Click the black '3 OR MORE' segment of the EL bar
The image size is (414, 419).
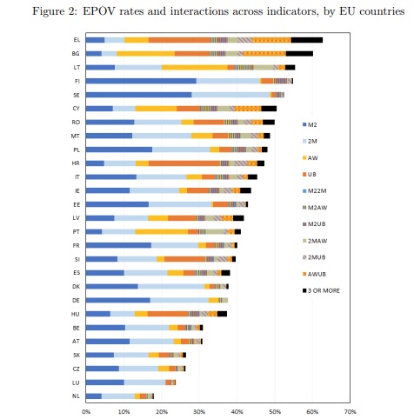[307, 40]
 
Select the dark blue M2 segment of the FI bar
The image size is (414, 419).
[141, 81]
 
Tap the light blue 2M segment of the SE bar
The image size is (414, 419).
[230, 95]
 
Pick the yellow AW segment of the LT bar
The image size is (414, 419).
[195, 68]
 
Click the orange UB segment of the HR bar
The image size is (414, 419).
[184, 163]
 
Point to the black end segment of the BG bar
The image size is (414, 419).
[299, 54]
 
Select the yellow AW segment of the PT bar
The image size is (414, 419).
[162, 232]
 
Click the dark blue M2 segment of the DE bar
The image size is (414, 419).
[118, 300]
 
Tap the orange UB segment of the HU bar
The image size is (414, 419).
[168, 314]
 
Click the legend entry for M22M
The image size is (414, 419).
[315, 191]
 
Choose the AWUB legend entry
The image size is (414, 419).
[314, 274]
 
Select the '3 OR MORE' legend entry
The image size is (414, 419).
[321, 290]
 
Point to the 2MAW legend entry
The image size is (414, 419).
[315, 241]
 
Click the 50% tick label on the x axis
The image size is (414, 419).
[275, 412]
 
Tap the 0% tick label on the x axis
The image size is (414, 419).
[86, 412]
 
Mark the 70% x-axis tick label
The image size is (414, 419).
[350, 412]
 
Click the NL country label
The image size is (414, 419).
[76, 396]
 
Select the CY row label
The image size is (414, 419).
[76, 109]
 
